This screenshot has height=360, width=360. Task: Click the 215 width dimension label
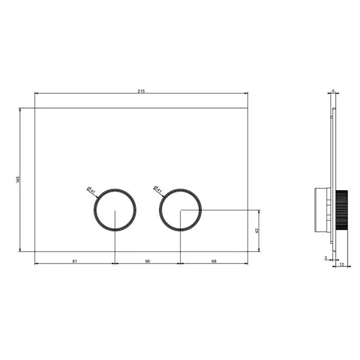point(141,91)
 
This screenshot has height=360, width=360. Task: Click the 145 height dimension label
point(18,179)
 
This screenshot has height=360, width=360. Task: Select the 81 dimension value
point(75,261)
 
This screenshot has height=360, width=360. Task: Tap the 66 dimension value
point(148,261)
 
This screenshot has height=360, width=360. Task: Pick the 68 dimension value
point(214,261)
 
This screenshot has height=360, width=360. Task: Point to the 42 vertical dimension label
point(257,230)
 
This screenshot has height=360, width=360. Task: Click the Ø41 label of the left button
point(91,190)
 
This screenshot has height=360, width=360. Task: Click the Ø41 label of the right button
point(157,189)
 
